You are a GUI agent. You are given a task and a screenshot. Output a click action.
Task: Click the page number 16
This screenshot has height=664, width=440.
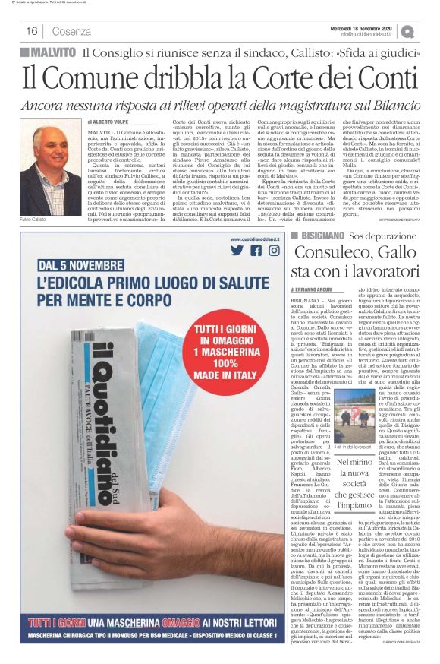click(x=33, y=31)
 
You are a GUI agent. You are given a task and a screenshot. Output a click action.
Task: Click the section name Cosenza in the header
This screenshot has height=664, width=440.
click(x=72, y=31)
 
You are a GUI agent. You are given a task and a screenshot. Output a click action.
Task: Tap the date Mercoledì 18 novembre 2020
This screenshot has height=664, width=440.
click(x=366, y=27)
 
